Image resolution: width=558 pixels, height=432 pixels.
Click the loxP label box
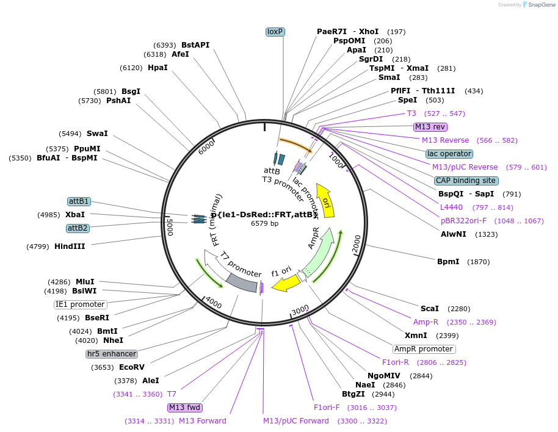(276, 32)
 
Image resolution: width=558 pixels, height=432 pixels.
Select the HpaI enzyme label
(158, 68)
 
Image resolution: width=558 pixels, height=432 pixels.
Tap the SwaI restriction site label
(97, 134)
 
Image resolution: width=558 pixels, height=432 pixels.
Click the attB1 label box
(79, 201)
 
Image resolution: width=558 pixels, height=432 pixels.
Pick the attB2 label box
(79, 228)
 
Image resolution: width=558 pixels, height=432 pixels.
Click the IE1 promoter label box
(80, 304)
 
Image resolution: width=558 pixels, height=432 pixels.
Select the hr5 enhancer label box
(112, 354)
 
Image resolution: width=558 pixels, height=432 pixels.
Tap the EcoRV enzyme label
(131, 367)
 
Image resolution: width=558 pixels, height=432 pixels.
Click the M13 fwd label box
(185, 408)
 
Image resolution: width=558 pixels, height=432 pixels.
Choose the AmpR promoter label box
(424, 349)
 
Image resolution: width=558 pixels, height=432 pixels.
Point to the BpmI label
(448, 262)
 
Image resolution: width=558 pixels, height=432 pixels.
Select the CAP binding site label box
(466, 181)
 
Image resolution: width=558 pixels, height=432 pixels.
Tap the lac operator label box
(449, 154)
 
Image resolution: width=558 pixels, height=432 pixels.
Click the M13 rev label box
(430, 127)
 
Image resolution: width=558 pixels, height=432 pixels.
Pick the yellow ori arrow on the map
(327, 199)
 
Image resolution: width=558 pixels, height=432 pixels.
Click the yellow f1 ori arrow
(286, 283)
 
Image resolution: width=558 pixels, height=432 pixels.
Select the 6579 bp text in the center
(265, 223)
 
